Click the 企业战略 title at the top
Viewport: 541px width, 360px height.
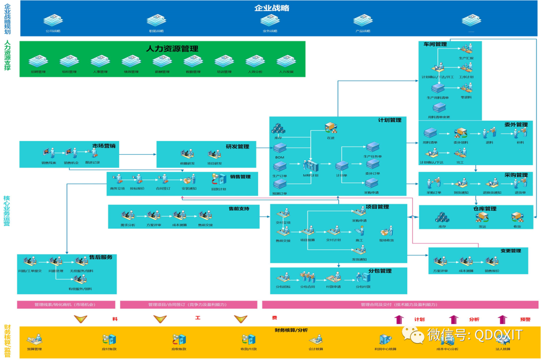(272, 8)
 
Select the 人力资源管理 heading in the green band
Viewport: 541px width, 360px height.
(172, 49)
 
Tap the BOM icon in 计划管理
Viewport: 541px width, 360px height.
(280, 148)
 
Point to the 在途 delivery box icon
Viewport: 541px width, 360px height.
(330, 128)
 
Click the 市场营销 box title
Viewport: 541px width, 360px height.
(104, 146)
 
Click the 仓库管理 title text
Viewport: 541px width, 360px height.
(484, 209)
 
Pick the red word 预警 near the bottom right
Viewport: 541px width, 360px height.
(525, 319)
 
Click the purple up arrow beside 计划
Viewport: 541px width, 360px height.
(399, 319)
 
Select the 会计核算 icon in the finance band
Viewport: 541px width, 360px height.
(316, 340)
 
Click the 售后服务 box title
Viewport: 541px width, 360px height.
(100, 257)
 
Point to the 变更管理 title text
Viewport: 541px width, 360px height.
(510, 251)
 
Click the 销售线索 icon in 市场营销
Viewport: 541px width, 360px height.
(49, 153)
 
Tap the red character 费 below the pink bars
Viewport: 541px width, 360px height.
(275, 318)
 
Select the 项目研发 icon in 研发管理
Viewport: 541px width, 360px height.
(214, 155)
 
